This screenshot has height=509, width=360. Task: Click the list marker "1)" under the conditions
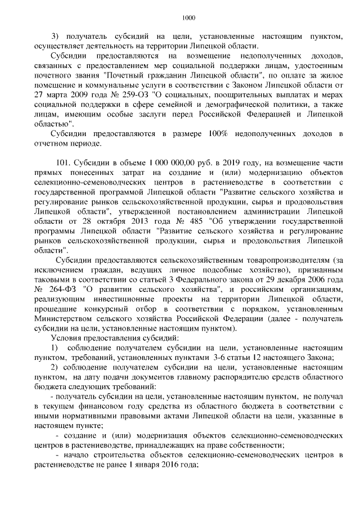(x=55, y=349)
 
